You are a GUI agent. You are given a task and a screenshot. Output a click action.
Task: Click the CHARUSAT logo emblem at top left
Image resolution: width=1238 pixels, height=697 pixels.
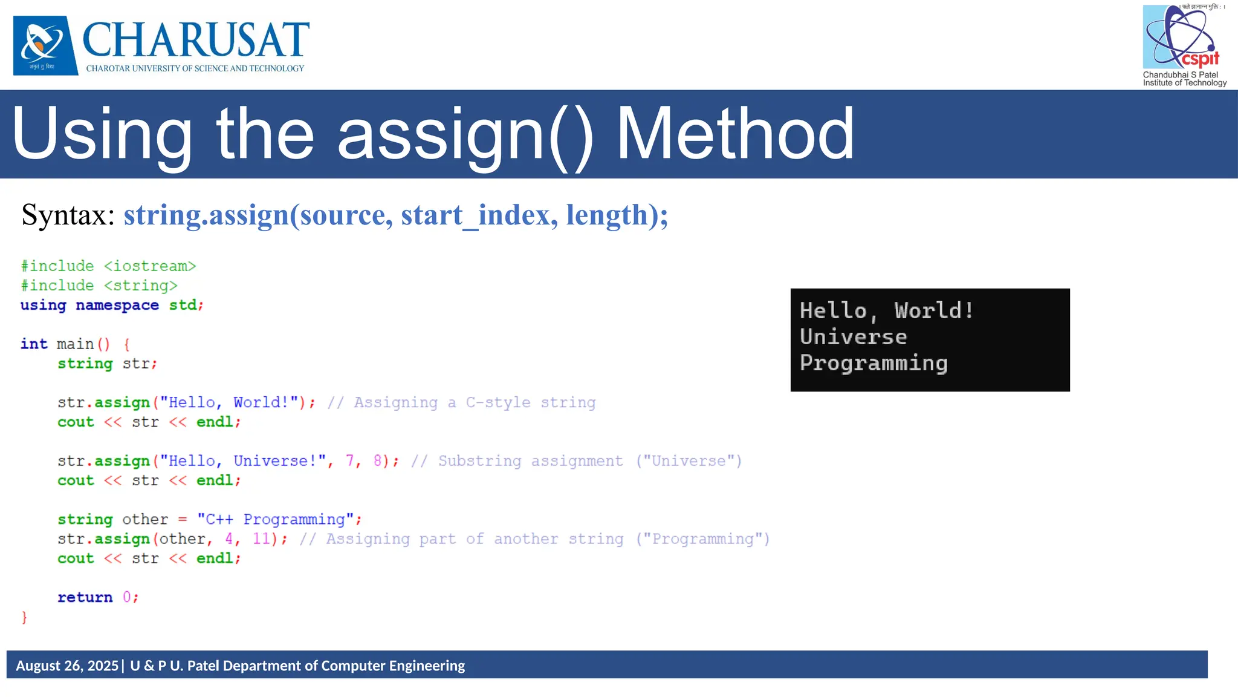(45, 45)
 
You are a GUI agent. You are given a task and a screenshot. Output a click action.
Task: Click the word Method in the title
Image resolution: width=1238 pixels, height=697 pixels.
(734, 134)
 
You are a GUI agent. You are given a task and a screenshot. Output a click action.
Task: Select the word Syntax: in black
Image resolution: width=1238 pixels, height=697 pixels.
(68, 215)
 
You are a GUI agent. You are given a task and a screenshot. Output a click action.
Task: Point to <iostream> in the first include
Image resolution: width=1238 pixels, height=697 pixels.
(150, 266)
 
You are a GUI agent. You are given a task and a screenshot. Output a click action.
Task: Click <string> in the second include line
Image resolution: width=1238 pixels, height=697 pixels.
(141, 286)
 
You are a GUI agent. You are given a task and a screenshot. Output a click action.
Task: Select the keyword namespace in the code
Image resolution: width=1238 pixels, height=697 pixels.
(117, 305)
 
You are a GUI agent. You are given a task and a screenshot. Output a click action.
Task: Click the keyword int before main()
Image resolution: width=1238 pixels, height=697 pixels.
(34, 344)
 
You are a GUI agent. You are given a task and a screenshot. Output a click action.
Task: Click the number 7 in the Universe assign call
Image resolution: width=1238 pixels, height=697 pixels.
(350, 461)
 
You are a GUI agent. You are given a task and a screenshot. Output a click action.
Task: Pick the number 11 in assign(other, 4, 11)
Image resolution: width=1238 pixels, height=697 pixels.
(261, 538)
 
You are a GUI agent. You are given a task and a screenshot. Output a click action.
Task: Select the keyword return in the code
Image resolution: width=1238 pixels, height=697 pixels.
(85, 597)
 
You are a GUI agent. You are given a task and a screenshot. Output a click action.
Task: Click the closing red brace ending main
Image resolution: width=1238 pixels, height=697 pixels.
(24, 617)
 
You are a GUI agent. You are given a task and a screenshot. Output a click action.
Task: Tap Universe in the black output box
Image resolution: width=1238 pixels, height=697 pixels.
(853, 337)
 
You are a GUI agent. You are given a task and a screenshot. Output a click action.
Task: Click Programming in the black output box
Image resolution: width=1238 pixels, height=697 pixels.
(873, 363)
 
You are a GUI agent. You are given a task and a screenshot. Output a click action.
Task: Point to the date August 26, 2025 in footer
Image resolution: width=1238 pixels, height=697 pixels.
(67, 666)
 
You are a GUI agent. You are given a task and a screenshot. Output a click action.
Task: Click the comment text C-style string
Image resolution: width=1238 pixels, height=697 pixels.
(530, 402)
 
